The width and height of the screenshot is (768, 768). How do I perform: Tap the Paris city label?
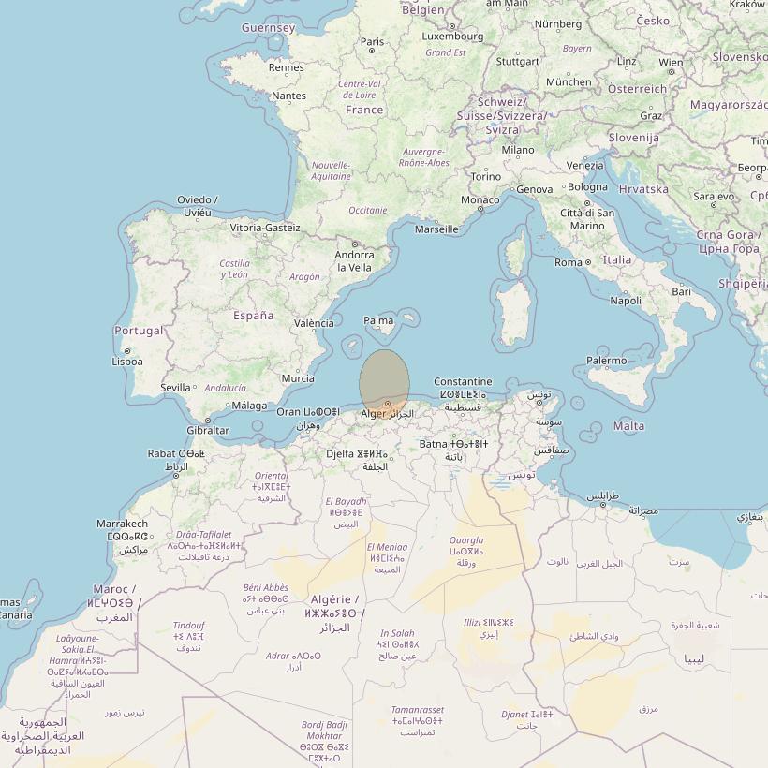[373, 41]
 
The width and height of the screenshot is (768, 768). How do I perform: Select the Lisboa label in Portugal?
[127, 361]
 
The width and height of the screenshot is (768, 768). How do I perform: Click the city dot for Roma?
[588, 262]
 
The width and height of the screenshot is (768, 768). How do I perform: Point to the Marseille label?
[436, 229]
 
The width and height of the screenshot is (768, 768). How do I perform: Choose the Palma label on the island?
[378, 320]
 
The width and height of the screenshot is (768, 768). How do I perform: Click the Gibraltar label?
[207, 431]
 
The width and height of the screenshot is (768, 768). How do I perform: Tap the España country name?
[254, 316]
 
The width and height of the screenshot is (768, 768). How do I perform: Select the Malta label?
[628, 426]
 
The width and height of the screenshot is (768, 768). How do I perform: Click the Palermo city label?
[606, 361]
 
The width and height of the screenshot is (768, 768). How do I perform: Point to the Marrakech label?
[122, 524]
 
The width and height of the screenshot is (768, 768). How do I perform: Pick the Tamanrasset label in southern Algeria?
[418, 710]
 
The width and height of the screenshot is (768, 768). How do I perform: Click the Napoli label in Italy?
[626, 301]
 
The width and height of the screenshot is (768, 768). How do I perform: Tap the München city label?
[569, 81]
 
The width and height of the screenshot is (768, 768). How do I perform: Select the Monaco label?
[480, 199]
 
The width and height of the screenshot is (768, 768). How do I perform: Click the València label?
[314, 323]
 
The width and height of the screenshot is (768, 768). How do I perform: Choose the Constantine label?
[463, 381]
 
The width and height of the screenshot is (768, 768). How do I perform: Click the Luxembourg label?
[452, 37]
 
